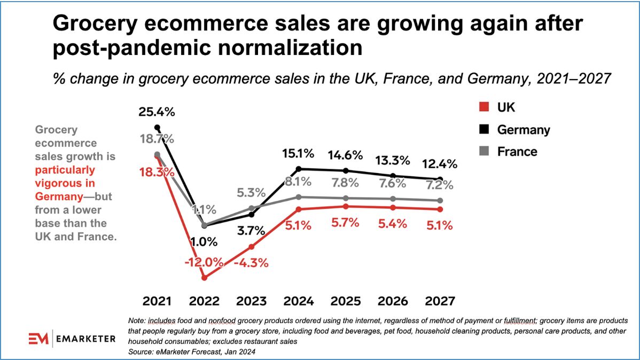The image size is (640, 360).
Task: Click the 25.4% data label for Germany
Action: click(x=157, y=113)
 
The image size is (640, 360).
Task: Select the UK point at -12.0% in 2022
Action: click(x=204, y=278)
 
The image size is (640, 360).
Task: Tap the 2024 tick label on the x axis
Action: click(x=298, y=301)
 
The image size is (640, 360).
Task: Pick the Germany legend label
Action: click(x=523, y=130)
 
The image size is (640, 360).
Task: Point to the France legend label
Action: click(x=517, y=152)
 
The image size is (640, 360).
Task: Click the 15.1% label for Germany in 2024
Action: click(x=298, y=155)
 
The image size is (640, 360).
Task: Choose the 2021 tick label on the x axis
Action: click(x=157, y=301)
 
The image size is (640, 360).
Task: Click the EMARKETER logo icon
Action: click(x=39, y=339)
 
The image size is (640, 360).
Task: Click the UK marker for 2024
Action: click(x=298, y=209)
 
